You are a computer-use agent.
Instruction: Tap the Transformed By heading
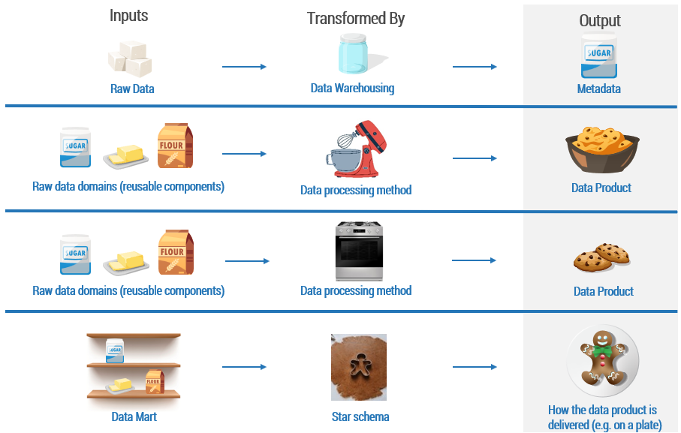point(355,19)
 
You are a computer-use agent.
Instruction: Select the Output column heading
point(600,21)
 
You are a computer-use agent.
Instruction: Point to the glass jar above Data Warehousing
point(352,55)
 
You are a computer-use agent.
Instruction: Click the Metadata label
point(599,89)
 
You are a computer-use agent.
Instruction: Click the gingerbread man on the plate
point(602,362)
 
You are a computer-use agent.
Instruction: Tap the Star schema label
point(360,416)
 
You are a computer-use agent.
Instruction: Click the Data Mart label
point(134,416)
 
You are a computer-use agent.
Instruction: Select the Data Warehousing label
point(352,89)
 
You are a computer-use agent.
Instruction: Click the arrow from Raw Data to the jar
point(244,67)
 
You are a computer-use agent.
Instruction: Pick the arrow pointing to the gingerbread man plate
point(475,367)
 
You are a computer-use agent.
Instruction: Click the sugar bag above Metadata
point(598,56)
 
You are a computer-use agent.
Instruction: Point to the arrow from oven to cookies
point(474,260)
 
